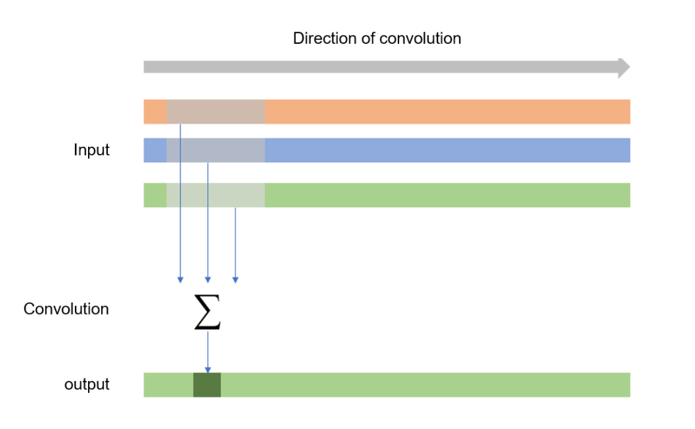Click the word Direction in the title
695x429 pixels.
(318, 39)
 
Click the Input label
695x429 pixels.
(92, 150)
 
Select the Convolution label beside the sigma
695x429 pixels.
(67, 310)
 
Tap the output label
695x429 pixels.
(87, 384)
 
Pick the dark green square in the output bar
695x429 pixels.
(207, 385)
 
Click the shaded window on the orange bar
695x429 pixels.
(216, 111)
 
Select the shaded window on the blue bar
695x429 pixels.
(216, 150)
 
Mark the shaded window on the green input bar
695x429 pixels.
(216, 195)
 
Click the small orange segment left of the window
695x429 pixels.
(155, 111)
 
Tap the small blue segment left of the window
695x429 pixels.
(155, 150)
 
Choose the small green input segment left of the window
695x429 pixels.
(155, 195)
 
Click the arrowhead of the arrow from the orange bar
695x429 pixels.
(180, 279)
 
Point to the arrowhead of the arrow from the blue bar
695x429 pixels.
(207, 279)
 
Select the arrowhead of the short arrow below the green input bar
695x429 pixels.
(235, 279)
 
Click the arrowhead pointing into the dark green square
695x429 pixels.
(207, 369)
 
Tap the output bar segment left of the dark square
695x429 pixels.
(168, 385)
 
